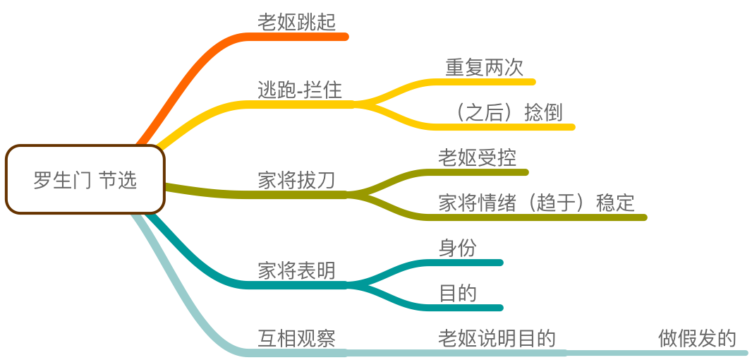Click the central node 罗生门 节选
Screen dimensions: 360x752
(85, 180)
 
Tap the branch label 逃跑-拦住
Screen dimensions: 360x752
(299, 90)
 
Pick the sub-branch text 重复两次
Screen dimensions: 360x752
(484, 68)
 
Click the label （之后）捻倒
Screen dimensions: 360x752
(509, 113)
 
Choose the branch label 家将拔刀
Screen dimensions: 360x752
(296, 181)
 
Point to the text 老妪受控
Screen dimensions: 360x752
(477, 158)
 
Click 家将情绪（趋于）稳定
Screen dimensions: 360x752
(536, 203)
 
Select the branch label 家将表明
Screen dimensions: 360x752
(296, 271)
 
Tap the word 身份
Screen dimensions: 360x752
(457, 248)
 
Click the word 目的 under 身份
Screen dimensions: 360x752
(457, 294)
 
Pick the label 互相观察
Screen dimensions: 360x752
(296, 339)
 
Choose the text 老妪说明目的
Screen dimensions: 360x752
(497, 339)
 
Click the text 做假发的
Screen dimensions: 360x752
(697, 339)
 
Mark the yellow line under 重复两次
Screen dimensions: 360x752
(487, 82)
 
